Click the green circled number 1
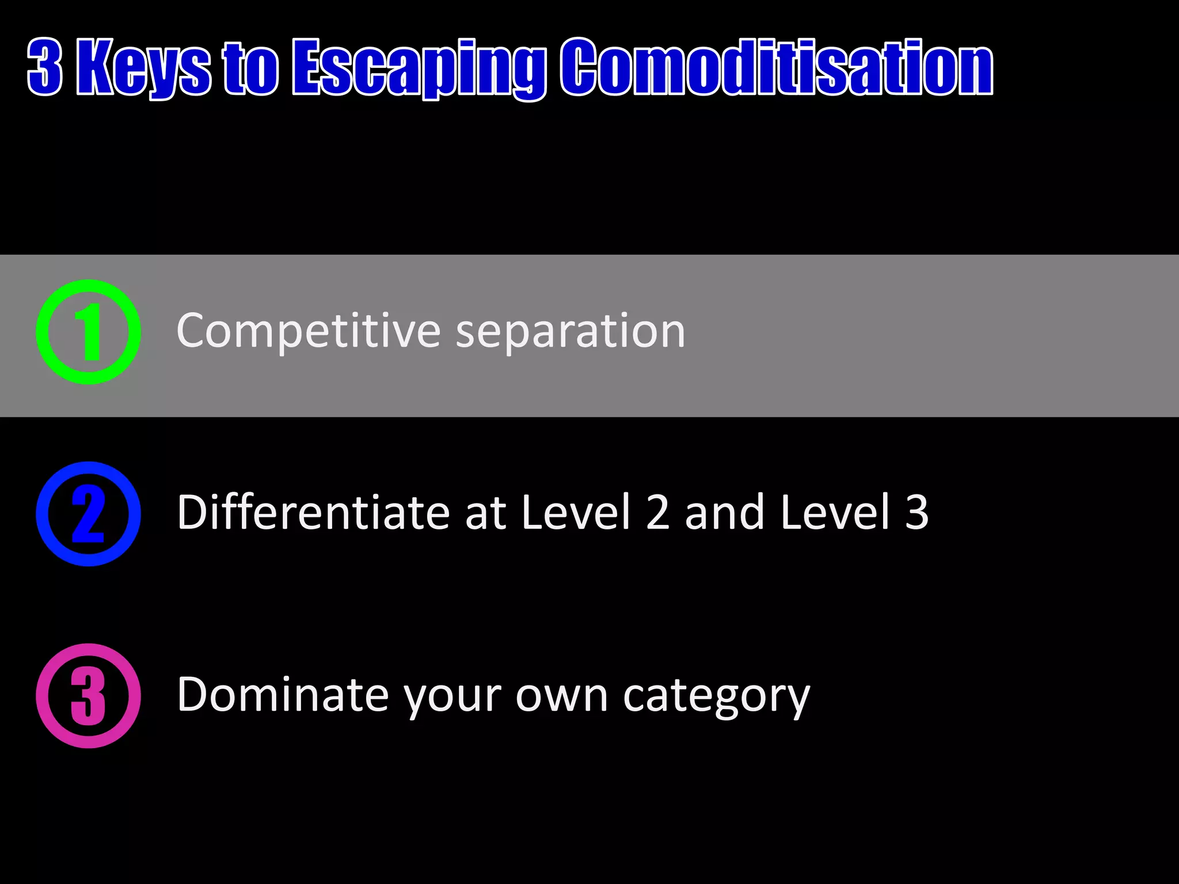click(x=88, y=332)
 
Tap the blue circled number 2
click(x=88, y=514)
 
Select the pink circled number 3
click(x=88, y=696)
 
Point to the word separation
click(x=571, y=332)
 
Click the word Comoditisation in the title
click(x=777, y=67)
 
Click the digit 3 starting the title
click(x=45, y=67)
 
